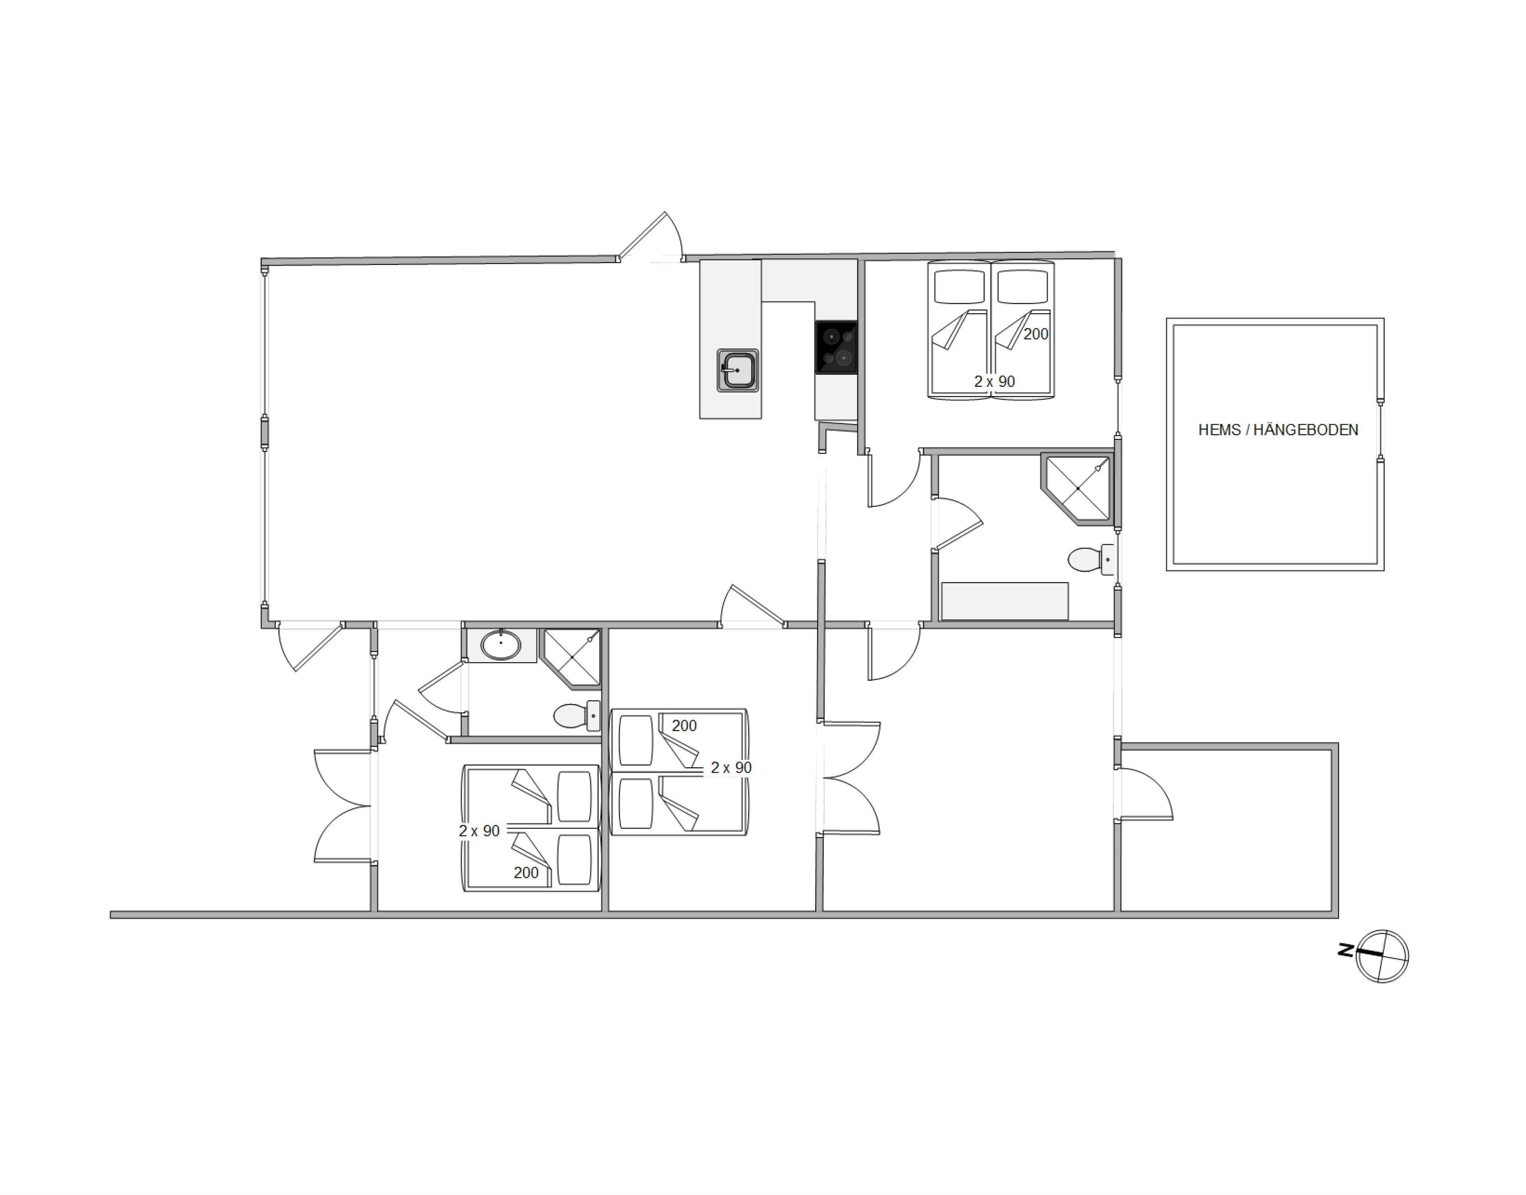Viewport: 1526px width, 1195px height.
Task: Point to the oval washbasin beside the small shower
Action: click(501, 645)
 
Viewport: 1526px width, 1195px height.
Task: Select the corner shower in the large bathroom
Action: click(1076, 488)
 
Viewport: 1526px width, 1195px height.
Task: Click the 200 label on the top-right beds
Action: click(1036, 334)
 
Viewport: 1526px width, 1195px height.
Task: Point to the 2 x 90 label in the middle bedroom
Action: click(731, 768)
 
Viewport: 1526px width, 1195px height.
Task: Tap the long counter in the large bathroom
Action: click(1005, 601)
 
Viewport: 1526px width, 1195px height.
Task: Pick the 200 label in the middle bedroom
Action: click(684, 726)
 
